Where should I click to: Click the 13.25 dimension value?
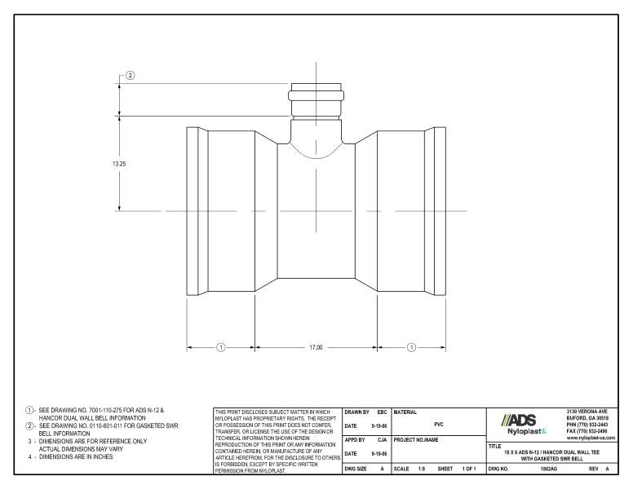pyautogui.click(x=119, y=163)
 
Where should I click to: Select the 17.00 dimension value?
pyautogui.click(x=315, y=347)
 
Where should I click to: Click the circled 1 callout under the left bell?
pyautogui.click(x=220, y=347)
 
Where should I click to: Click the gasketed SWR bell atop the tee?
pyautogui.click(x=315, y=101)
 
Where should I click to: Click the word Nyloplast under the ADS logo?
pyautogui.click(x=523, y=431)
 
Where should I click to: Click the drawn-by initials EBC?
pyautogui.click(x=380, y=412)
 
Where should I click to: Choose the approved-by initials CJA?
pyautogui.click(x=381, y=441)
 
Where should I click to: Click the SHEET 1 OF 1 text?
pyautogui.click(x=457, y=470)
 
